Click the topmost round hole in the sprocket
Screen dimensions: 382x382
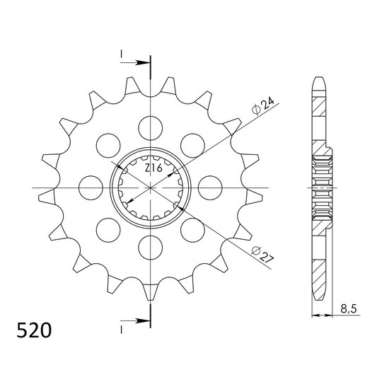point(150,127)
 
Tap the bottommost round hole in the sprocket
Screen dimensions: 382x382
point(150,247)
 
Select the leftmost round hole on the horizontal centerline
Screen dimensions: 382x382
point(90,187)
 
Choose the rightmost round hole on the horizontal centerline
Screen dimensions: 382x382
point(210,187)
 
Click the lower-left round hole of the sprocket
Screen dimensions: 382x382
point(108,229)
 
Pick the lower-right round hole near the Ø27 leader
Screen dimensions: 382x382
point(192,229)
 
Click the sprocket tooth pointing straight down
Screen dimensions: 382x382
point(150,291)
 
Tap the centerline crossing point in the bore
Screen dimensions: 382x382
point(150,187)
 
